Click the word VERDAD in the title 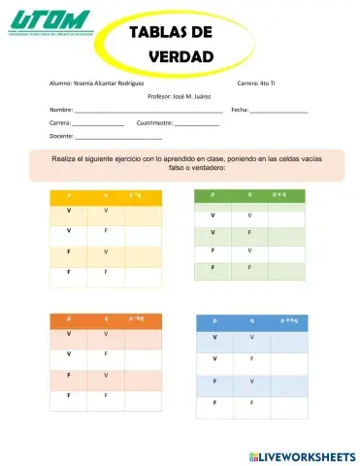[x=180, y=57]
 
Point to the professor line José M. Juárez [x=180, y=97]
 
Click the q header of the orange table [x=106, y=318]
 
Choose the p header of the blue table [x=213, y=319]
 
